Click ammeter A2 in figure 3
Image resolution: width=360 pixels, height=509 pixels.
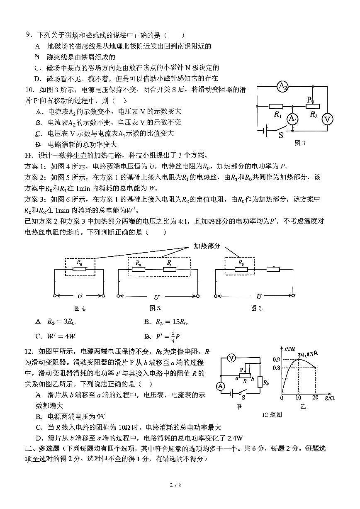[282, 86]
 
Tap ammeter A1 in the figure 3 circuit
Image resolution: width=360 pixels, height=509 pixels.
[293, 119]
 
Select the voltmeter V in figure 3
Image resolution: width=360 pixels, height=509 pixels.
[328, 119]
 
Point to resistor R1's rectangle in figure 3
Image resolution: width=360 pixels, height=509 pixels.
[276, 106]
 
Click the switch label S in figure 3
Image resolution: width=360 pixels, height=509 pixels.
[281, 135]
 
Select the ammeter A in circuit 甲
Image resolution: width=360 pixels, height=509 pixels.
[221, 386]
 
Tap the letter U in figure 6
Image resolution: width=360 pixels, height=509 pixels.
[259, 296]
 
